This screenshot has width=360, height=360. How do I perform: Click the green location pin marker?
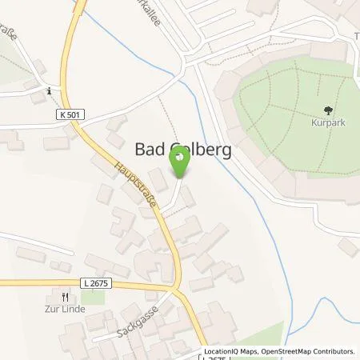coord(180,163)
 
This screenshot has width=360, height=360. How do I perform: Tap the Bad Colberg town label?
coord(180,148)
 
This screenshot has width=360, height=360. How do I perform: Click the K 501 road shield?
coord(70,115)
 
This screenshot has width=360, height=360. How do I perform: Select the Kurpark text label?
coord(326,125)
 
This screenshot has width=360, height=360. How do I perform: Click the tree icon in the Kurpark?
coord(326,111)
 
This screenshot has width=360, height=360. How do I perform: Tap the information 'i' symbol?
coord(50,91)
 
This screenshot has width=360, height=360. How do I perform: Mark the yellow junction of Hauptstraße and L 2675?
coord(177,288)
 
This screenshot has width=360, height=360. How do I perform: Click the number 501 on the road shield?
coord(74,115)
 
